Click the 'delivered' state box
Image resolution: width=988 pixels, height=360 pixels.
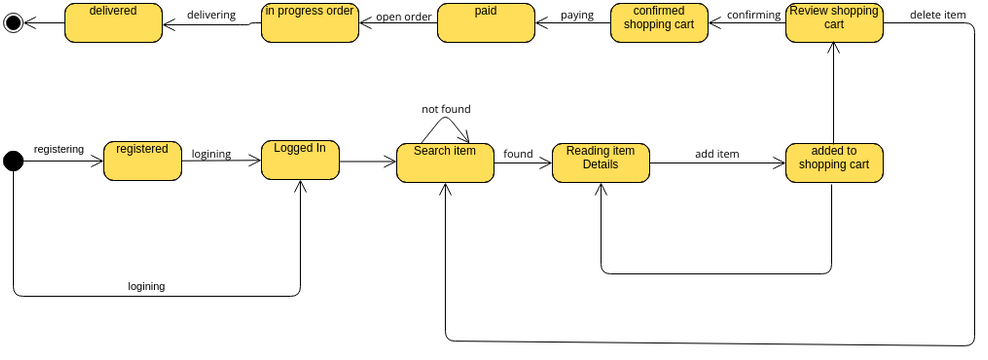click(x=112, y=22)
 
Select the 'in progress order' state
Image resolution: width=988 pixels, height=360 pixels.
click(x=309, y=22)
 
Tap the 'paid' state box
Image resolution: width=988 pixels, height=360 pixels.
click(x=486, y=22)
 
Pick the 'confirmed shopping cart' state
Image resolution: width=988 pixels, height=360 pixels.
click(x=659, y=22)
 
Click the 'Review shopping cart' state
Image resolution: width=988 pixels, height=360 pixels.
click(x=834, y=22)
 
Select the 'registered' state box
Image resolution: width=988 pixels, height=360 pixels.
click(x=143, y=160)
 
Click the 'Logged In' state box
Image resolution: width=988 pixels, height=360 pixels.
click(x=300, y=160)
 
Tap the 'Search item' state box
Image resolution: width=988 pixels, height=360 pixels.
click(x=445, y=162)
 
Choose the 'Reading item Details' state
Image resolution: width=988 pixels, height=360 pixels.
click(x=601, y=162)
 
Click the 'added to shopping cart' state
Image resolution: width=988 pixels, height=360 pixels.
click(x=834, y=162)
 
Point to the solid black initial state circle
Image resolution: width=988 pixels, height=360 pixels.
click(x=13, y=159)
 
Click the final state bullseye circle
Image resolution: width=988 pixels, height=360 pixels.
click(x=13, y=21)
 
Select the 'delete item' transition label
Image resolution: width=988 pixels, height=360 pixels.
click(x=938, y=14)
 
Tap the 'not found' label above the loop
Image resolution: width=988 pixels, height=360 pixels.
click(x=446, y=109)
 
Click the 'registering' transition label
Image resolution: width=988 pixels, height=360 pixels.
click(x=59, y=149)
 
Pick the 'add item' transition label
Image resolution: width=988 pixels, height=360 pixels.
click(x=717, y=154)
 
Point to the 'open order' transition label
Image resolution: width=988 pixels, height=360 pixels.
click(x=404, y=16)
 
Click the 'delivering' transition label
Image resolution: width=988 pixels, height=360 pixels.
click(x=211, y=15)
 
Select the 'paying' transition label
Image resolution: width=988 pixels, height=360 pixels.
click(x=576, y=16)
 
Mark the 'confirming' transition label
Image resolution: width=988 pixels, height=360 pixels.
click(x=753, y=15)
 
